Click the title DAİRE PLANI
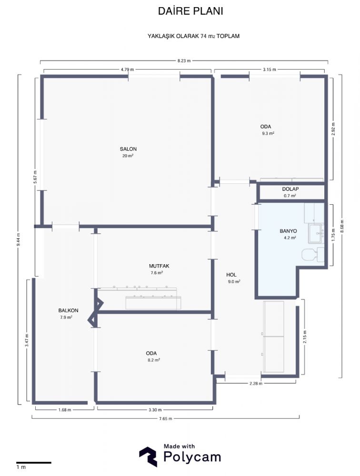190,11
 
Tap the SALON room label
128,149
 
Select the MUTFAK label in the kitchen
159,266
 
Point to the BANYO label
288,231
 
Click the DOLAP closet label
290,189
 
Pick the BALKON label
69,310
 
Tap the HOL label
231,275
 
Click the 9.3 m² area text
268,133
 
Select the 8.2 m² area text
154,360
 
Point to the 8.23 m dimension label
184,61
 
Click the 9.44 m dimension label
19,239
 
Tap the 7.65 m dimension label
166,418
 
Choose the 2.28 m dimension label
256,383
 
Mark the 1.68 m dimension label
65,410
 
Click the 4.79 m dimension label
127,69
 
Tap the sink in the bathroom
316,233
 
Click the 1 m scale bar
34,463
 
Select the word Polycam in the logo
192,456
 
